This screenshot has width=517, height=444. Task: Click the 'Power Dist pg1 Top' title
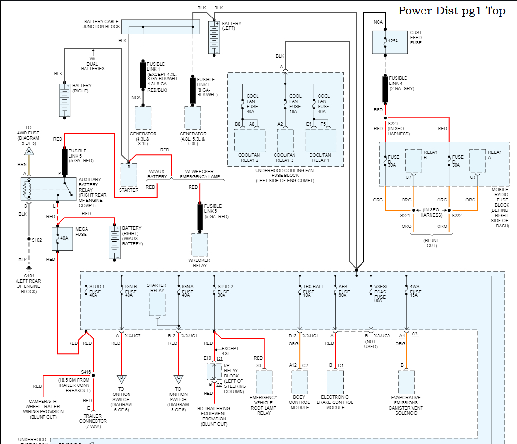(x=452, y=11)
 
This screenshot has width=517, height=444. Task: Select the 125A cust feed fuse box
(x=386, y=42)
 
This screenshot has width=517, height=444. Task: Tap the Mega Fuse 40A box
(x=62, y=238)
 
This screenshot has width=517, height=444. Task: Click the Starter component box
(x=128, y=175)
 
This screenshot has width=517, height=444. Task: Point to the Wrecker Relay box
(x=199, y=245)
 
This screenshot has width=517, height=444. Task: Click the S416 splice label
(x=86, y=372)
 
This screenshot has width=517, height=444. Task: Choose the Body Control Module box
(x=300, y=383)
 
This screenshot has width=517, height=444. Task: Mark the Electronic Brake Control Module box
(x=336, y=383)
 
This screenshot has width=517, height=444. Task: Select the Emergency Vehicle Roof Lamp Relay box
(x=264, y=383)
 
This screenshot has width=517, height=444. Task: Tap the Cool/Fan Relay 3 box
(x=285, y=140)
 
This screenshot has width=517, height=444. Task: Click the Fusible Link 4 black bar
(x=385, y=89)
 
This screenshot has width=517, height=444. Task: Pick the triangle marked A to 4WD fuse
(x=29, y=151)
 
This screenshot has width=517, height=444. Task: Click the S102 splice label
(x=36, y=240)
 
